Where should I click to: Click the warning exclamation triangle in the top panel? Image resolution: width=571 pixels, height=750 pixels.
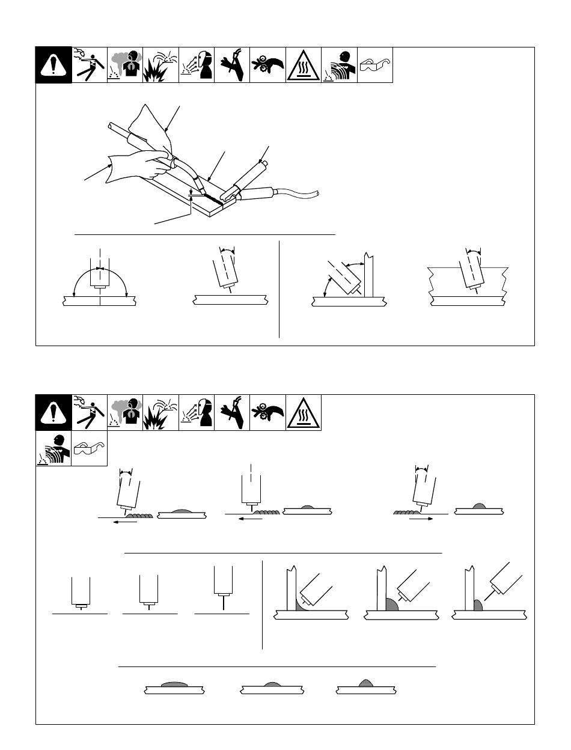(53, 65)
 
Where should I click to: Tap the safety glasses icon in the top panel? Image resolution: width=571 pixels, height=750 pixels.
(374, 64)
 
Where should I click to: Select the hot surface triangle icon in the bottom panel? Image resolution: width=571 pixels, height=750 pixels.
(304, 413)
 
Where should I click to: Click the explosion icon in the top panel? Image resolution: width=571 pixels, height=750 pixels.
(161, 65)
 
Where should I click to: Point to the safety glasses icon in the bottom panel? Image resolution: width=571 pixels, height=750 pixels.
(89, 448)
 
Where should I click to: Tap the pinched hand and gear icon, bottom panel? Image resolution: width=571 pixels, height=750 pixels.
(267, 413)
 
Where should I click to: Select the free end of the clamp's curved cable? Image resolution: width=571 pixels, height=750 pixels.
(319, 194)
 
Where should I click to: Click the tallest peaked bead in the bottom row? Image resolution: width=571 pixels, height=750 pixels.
(365, 683)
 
